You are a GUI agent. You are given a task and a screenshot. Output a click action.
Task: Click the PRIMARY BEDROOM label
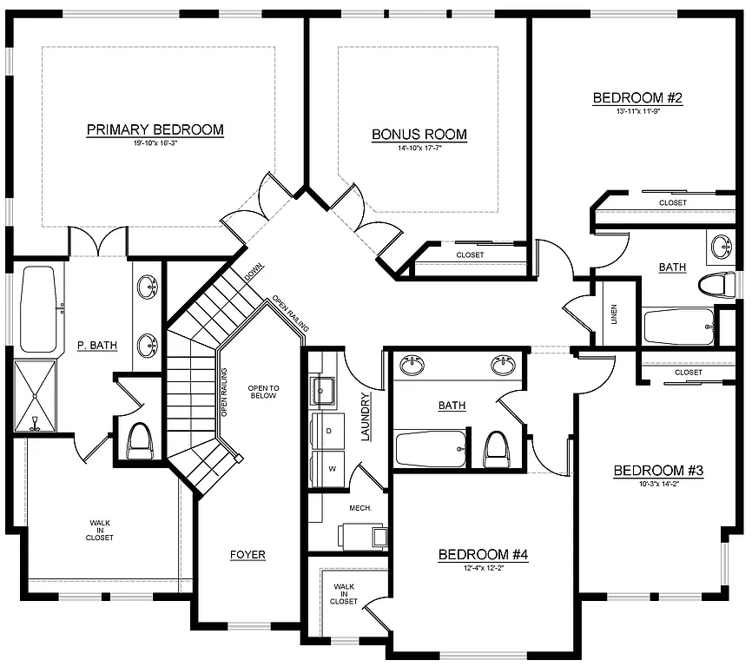coord(155,130)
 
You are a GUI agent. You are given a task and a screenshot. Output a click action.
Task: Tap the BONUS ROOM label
coord(419,135)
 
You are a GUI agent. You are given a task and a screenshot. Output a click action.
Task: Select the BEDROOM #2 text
coord(637,98)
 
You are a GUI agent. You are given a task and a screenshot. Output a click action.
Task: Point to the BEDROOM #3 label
coord(657,471)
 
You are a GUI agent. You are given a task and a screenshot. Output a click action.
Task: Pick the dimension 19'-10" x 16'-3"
coord(155,142)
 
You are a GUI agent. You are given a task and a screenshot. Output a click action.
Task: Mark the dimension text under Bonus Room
coord(419,147)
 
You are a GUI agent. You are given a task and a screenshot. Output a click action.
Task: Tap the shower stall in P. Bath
coord(35,396)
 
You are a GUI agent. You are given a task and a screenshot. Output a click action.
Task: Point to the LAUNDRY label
coord(366,418)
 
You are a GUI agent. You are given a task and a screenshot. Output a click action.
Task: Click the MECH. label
coord(360,507)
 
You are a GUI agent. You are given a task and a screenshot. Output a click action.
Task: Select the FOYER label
coord(247,555)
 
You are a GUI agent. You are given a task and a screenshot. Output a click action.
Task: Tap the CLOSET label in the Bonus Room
coord(470,254)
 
